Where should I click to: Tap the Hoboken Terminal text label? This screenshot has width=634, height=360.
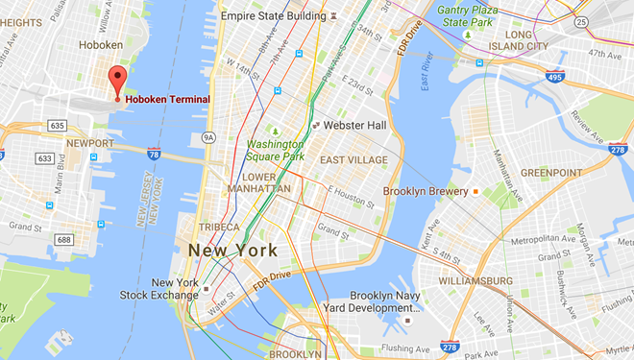pyautogui.click(x=168, y=99)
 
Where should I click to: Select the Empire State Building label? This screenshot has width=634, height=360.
pyautogui.click(x=273, y=16)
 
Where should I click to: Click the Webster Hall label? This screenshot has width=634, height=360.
pyautogui.click(x=354, y=126)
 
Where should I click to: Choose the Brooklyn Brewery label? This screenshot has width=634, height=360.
pyautogui.click(x=425, y=191)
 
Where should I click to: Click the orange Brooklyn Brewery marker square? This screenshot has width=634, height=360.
pyautogui.click(x=475, y=191)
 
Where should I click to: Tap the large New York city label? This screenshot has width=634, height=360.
pyautogui.click(x=233, y=250)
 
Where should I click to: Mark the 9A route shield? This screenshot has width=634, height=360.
pyautogui.click(x=208, y=137)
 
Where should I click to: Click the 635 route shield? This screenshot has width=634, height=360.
pyautogui.click(x=58, y=125)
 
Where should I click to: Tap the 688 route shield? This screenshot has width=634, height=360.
pyautogui.click(x=63, y=240)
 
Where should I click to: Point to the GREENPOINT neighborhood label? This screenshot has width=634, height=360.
pyautogui.click(x=551, y=173)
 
